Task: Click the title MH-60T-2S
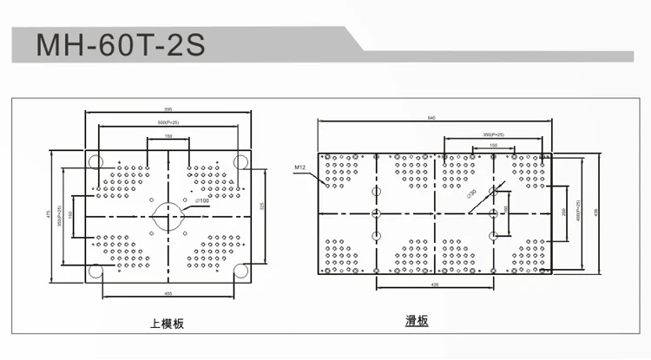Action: [x=120, y=45]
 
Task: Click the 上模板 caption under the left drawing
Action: [x=168, y=324]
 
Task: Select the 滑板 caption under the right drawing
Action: [x=417, y=321]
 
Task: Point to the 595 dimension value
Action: [x=168, y=109]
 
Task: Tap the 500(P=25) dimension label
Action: [x=168, y=123]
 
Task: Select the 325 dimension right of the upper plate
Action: [x=262, y=206]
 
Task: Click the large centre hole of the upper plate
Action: [x=168, y=214]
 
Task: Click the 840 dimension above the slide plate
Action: [x=432, y=117]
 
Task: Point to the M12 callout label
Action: [x=301, y=166]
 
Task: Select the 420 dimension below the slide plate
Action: [x=432, y=284]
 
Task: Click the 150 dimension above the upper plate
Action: [x=168, y=137]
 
